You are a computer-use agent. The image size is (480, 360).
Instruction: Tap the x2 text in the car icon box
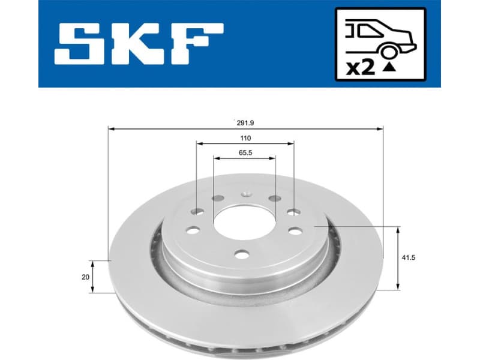(361, 67)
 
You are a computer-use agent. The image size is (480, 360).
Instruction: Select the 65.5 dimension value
(245, 152)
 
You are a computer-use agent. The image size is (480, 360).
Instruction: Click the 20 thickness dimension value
(85, 277)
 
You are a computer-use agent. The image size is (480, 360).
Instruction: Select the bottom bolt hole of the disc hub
(241, 254)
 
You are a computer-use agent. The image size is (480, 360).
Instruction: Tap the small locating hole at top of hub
(245, 194)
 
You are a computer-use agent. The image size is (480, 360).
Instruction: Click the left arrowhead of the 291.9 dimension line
(111, 128)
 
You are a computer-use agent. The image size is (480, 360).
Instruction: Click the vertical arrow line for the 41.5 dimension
(398, 259)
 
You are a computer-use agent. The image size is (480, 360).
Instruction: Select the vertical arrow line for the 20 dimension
(92, 277)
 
